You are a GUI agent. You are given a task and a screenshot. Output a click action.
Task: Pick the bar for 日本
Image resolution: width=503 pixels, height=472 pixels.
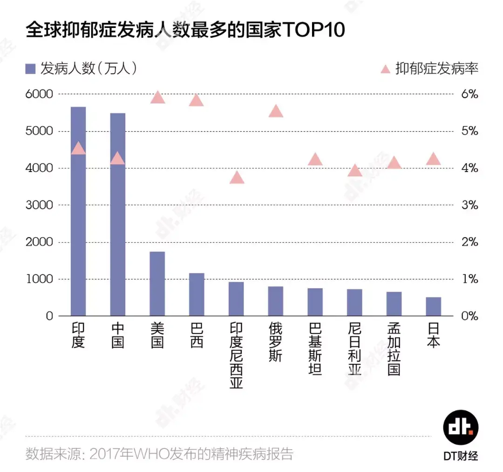tap(433, 306)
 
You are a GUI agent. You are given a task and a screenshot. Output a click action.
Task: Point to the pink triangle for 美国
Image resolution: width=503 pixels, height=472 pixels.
tap(157, 97)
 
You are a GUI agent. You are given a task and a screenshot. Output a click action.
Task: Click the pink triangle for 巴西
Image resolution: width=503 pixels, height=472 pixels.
tap(197, 100)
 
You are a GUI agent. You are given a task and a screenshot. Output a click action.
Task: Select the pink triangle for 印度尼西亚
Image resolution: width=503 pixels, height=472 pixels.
tap(237, 178)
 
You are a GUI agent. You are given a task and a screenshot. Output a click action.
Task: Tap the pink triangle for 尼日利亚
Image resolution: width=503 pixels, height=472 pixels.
tap(355, 171)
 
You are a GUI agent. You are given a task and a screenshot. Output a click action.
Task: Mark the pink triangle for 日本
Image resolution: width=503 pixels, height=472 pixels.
tap(433, 159)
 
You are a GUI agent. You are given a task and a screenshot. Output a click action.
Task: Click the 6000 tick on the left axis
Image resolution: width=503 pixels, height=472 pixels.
tap(40, 94)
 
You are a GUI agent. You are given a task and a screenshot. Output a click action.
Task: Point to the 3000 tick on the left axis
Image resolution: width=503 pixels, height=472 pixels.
tap(40, 205)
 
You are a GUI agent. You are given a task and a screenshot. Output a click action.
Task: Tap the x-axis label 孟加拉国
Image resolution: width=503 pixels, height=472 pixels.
tap(394, 350)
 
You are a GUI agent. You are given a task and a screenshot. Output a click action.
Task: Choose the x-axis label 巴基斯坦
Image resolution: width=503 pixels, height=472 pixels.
tap(315, 350)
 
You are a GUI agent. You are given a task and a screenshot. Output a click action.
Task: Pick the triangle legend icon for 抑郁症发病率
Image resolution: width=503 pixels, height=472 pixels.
tap(385, 69)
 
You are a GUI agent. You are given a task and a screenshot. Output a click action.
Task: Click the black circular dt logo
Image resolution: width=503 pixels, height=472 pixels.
tap(460, 428)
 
